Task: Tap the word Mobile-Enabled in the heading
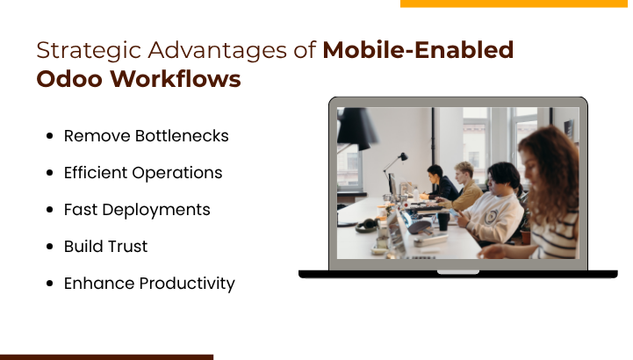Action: coord(418,50)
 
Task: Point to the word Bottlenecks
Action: coord(182,136)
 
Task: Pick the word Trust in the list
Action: coord(129,247)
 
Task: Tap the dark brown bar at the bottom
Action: coord(106,356)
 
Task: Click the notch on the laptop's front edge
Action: coord(458,271)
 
